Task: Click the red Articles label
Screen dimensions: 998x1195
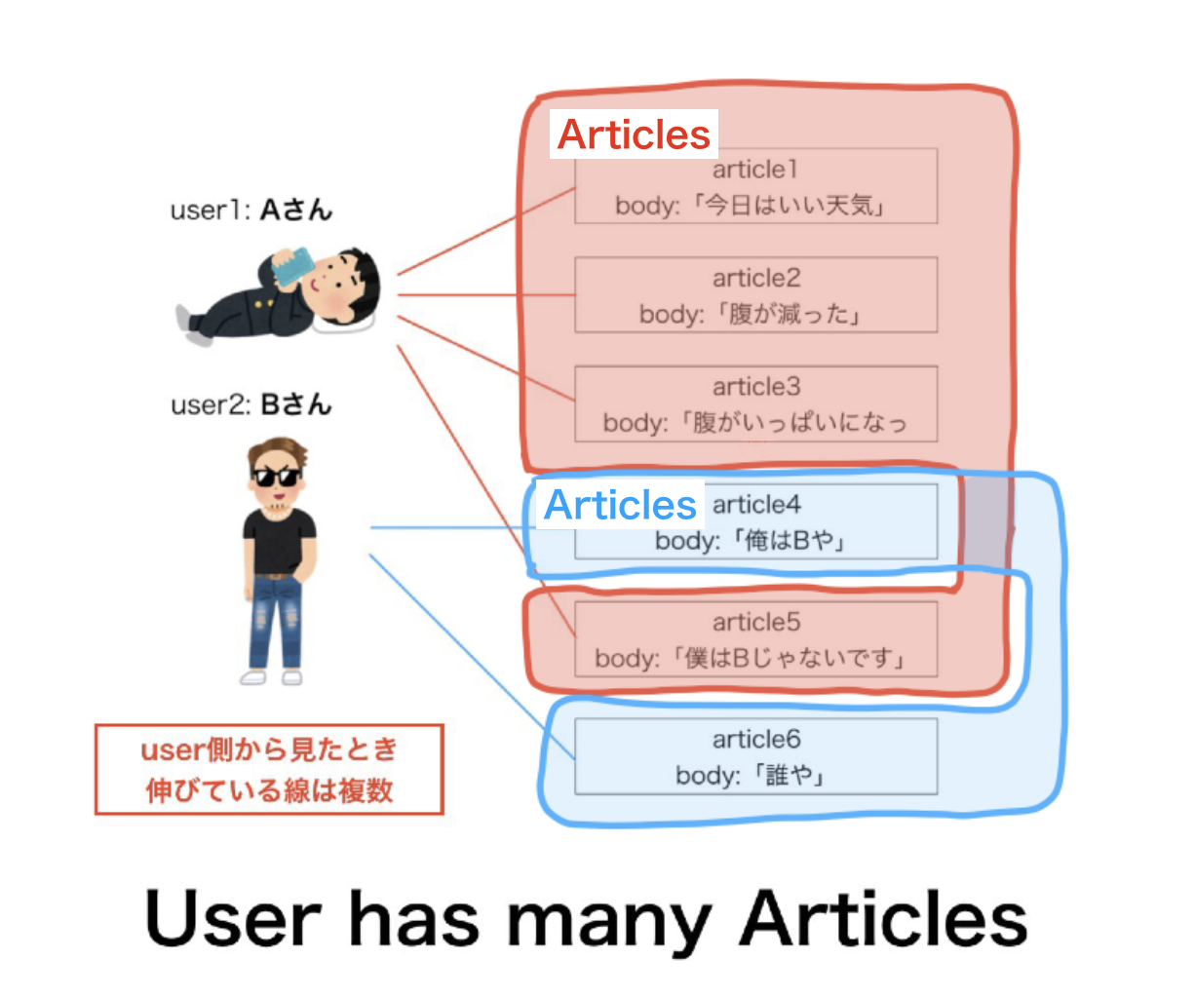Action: click(634, 134)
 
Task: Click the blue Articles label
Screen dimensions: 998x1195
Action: click(620, 505)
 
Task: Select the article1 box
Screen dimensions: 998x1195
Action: click(755, 187)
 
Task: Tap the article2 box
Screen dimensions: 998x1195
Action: click(755, 295)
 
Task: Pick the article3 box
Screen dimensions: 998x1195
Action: click(755, 403)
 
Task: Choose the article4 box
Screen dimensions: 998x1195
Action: click(819, 523)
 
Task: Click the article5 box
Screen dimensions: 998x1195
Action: click(755, 639)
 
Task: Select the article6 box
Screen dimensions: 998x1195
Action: click(755, 757)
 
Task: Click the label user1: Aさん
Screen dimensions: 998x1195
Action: click(251, 210)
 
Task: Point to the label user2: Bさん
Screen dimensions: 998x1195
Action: click(251, 404)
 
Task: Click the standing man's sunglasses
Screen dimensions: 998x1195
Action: click(276, 477)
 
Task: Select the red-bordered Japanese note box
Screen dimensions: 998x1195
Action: click(269, 769)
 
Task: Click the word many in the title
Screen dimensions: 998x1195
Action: click(609, 921)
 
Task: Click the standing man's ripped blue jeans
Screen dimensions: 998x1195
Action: click(276, 619)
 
